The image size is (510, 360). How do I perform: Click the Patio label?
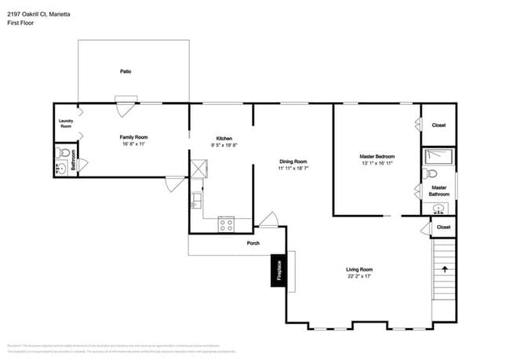click(x=126, y=71)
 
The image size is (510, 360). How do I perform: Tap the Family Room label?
click(x=134, y=137)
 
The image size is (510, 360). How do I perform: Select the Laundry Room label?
click(x=66, y=123)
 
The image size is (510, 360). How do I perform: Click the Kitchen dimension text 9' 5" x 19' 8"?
click(x=220, y=145)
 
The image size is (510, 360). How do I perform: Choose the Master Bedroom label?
click(x=377, y=157)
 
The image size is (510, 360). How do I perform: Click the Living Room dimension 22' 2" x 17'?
click(x=359, y=276)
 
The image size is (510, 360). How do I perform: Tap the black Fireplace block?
click(x=277, y=271)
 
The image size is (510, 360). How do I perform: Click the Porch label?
click(x=253, y=242)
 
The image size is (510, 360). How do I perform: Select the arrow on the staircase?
click(x=446, y=269)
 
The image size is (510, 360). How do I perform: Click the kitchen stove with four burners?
click(x=226, y=224)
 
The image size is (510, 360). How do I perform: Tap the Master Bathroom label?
click(x=439, y=191)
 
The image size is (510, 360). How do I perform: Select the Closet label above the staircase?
click(x=443, y=227)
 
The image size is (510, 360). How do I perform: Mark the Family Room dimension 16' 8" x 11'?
click(x=134, y=144)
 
